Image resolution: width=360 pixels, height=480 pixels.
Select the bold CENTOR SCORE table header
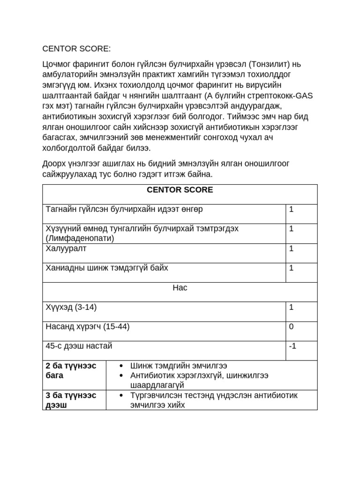(x=180, y=190)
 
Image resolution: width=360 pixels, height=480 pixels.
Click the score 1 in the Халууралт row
(x=291, y=248)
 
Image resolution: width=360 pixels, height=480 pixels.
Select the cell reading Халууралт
(x=66, y=248)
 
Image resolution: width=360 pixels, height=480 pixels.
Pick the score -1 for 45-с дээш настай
(x=292, y=346)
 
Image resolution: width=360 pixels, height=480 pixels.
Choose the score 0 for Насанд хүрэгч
(x=291, y=326)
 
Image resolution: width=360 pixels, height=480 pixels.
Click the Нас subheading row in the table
(x=180, y=287)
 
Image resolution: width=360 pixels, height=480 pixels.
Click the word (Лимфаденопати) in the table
(x=80, y=238)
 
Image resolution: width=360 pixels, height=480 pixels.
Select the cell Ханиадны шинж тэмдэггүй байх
(x=107, y=268)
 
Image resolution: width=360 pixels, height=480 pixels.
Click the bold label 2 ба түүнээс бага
(x=71, y=370)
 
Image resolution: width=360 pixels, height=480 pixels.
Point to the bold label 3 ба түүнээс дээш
(x=71, y=399)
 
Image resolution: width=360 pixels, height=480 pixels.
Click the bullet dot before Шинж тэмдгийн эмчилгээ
(x=122, y=366)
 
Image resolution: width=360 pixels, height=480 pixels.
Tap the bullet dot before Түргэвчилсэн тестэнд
(x=122, y=396)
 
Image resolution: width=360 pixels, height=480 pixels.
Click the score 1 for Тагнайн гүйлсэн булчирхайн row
(x=291, y=209)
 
